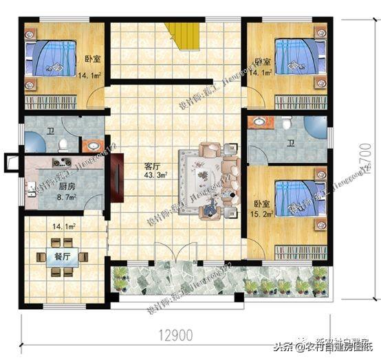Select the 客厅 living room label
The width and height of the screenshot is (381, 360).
151,166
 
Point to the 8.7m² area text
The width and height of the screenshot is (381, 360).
47,197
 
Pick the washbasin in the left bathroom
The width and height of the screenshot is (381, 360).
89,145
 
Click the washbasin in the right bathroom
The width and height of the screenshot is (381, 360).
259,122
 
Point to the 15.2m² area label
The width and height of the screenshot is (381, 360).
263,214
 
